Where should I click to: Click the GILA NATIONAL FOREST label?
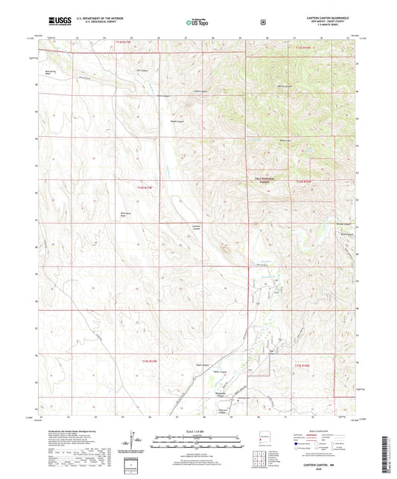coord(258,181)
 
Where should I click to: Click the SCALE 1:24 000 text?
coord(198,431)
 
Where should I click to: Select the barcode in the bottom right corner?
coord(389,446)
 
